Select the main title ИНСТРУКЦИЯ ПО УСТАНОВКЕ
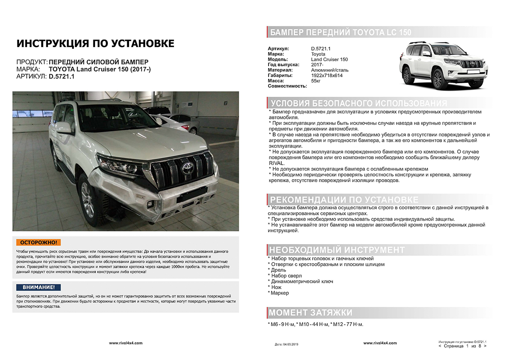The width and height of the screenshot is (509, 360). [x=95, y=44]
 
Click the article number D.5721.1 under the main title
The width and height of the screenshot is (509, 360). [x=62, y=76]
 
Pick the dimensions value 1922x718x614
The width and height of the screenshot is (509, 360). [x=327, y=76]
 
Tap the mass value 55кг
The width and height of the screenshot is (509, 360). [x=316, y=81]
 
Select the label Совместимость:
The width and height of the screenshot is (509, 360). [x=287, y=86]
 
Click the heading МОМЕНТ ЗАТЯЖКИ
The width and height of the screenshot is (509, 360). [x=311, y=313]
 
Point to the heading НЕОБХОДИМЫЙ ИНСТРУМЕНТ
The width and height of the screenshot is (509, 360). [x=337, y=250]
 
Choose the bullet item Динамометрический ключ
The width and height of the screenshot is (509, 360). [x=302, y=281]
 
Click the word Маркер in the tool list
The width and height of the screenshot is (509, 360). [x=280, y=293]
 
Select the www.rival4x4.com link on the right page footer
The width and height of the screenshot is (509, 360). [x=380, y=343]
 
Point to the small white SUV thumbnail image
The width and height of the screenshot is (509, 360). [x=442, y=65]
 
